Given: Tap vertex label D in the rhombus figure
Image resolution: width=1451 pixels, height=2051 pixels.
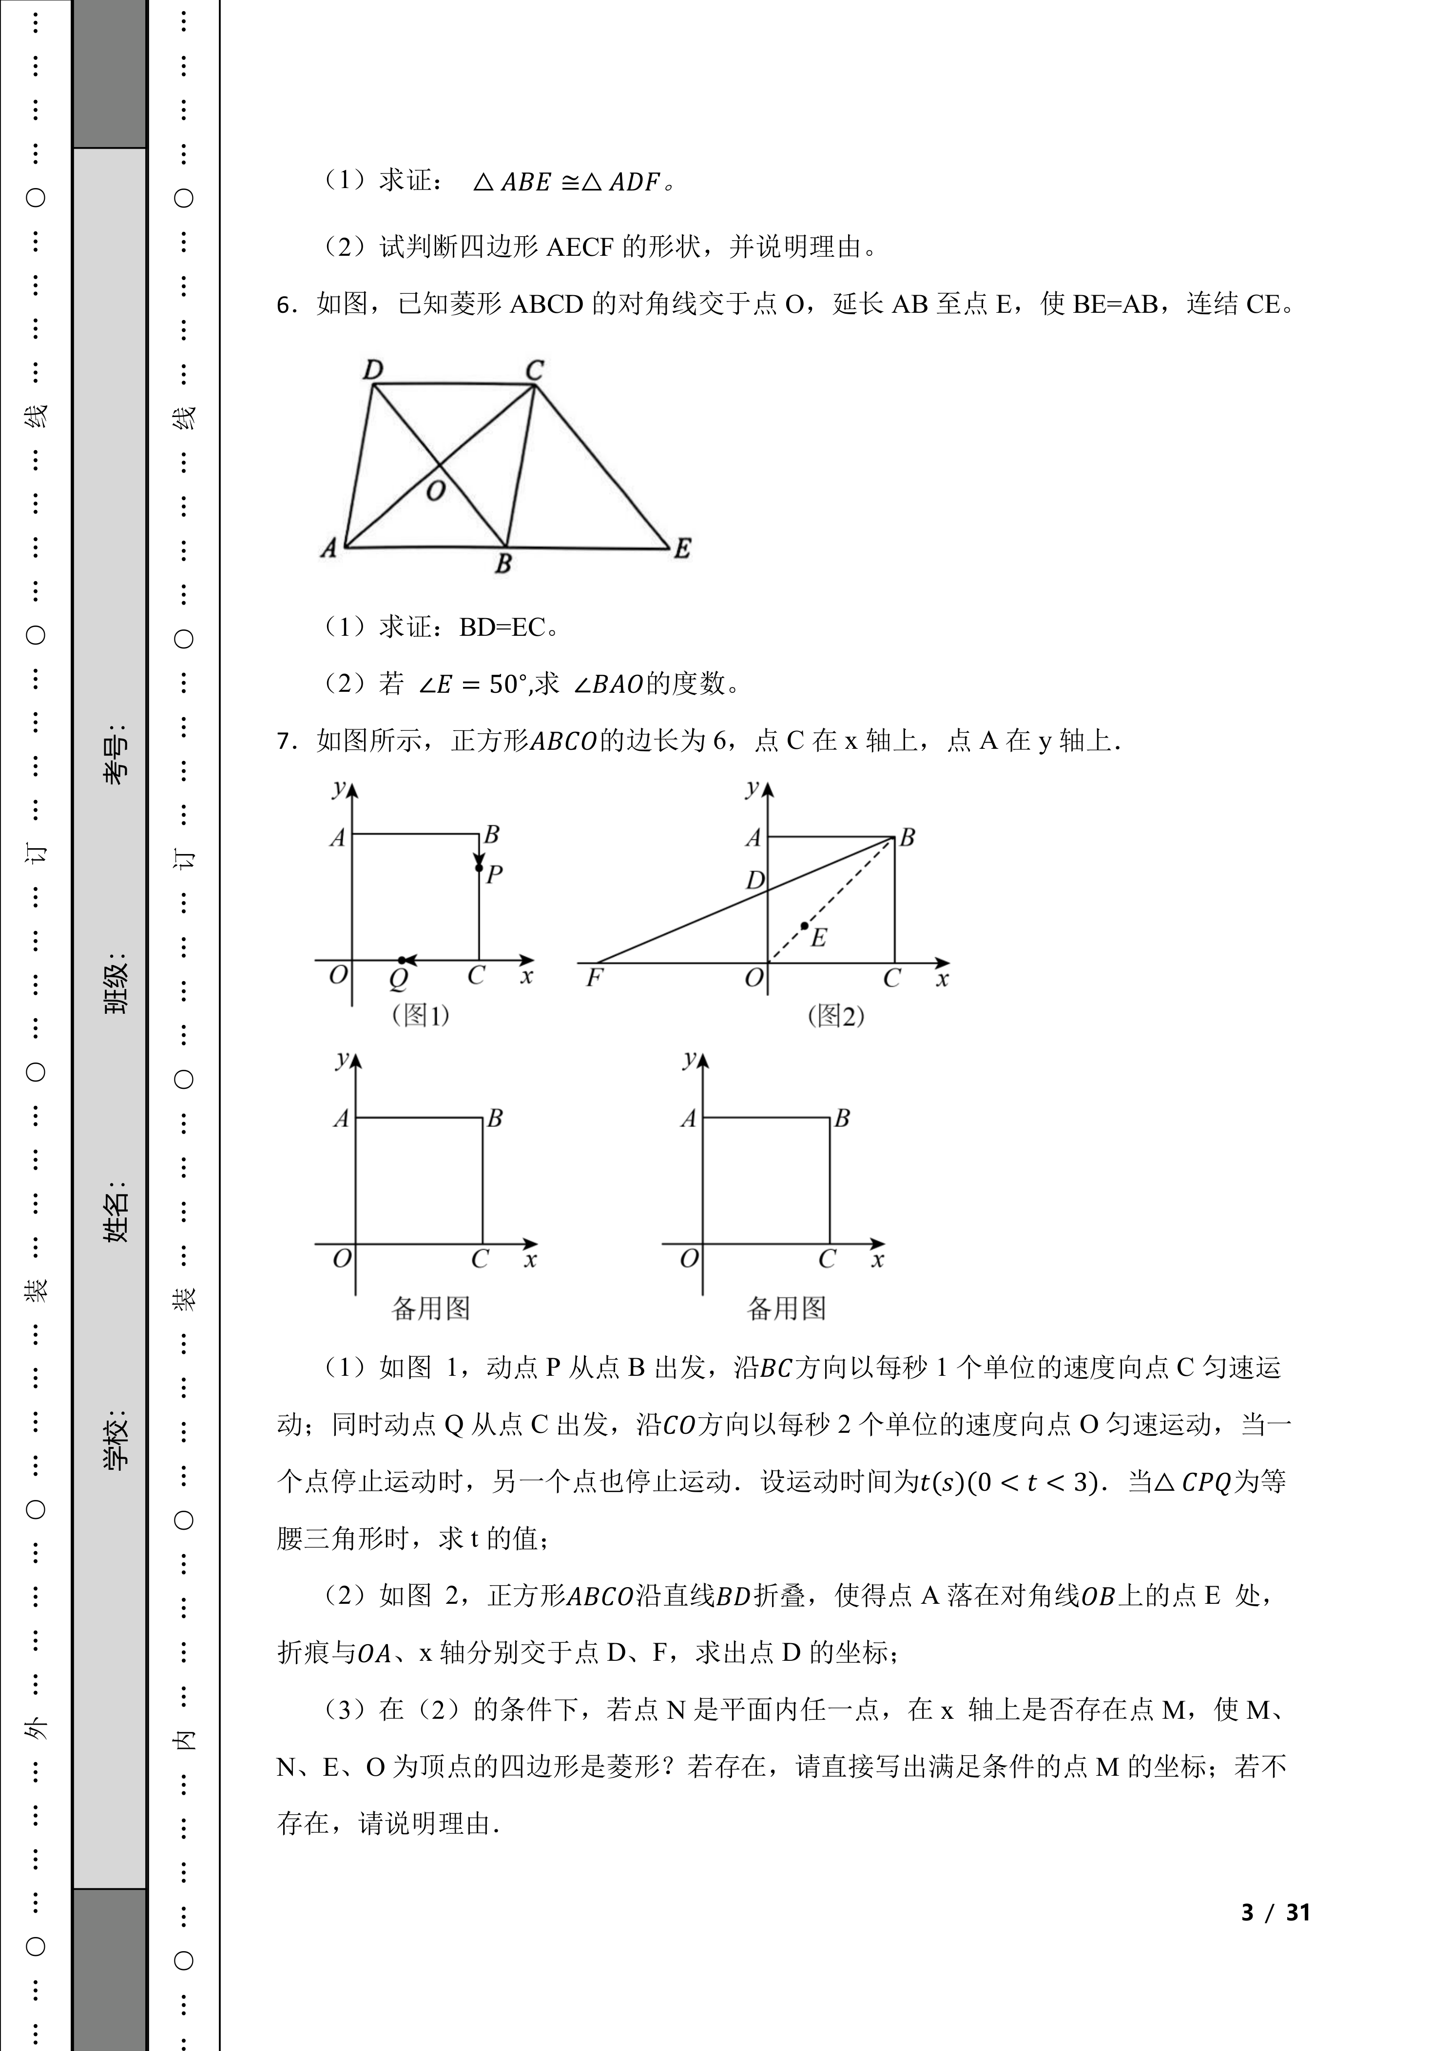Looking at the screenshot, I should tap(372, 369).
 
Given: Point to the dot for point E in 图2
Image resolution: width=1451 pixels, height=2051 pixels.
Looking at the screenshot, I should tap(804, 926).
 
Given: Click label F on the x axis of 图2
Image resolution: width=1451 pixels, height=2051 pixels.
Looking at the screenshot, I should tap(593, 978).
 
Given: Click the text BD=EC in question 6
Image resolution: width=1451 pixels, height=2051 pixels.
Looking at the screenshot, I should tap(501, 628).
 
